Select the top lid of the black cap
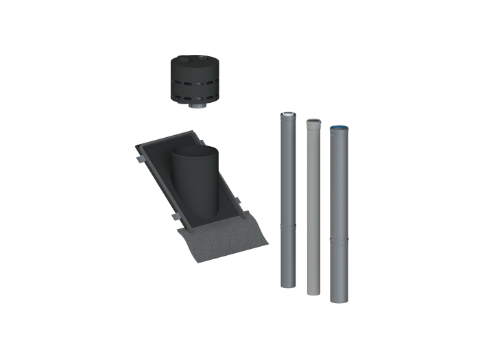click(194, 61)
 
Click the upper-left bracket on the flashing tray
click(139, 159)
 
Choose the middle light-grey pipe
click(313, 206)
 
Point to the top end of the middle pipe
click(313, 120)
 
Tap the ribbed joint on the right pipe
click(339, 239)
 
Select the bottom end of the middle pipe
click(313, 293)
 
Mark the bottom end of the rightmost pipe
click(339, 300)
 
